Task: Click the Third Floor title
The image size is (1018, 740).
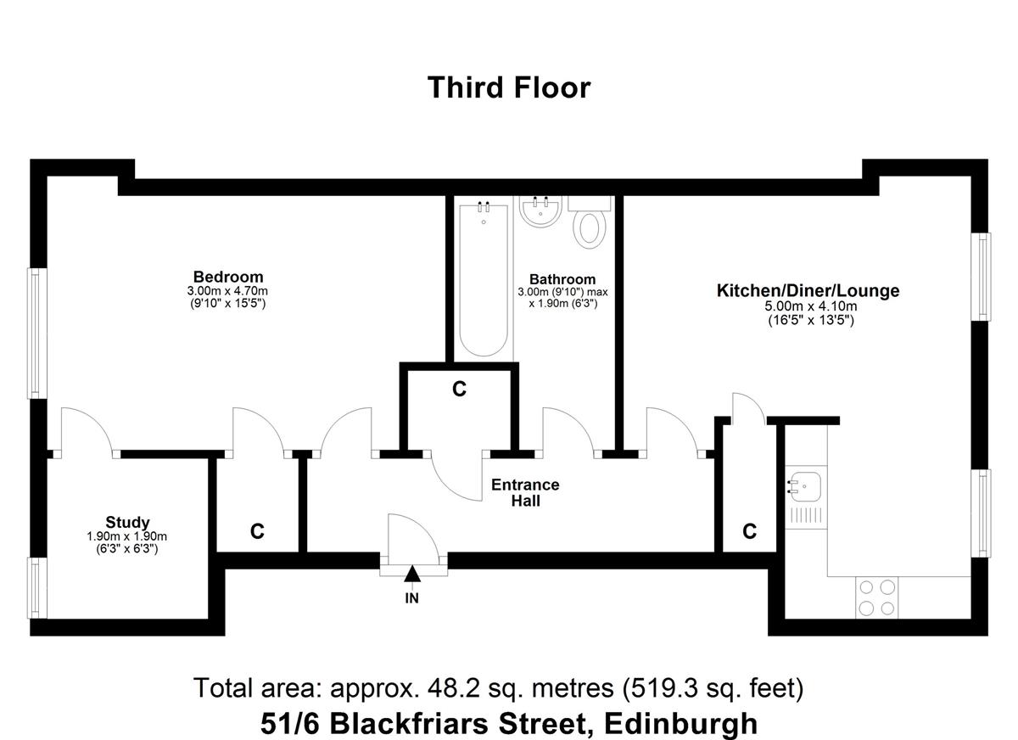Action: [509, 87]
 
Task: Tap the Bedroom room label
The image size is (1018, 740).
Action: [228, 277]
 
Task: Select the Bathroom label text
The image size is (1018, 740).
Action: [562, 278]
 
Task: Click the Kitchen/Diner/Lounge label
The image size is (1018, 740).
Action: [808, 290]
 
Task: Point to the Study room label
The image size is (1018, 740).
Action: [128, 522]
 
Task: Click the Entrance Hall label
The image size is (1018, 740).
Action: [525, 492]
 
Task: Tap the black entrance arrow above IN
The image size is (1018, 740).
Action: [412, 573]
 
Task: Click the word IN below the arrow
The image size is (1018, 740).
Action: [411, 598]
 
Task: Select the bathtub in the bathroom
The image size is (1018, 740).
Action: [484, 280]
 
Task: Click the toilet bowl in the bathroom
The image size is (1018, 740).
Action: [590, 230]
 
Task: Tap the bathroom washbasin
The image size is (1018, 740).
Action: [540, 212]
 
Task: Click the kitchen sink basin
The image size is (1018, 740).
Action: [806, 486]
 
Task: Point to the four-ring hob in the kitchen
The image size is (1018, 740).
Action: [877, 597]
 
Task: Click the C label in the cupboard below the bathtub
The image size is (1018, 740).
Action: [459, 389]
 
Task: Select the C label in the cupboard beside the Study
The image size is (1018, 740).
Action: [257, 531]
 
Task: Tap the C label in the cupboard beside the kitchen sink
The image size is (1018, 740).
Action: [749, 531]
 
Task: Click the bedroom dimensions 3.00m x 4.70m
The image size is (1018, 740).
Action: [227, 290]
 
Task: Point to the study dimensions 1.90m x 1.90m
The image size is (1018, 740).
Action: [126, 536]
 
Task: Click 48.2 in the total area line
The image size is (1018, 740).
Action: [453, 688]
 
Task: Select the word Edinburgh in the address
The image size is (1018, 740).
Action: [680, 724]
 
